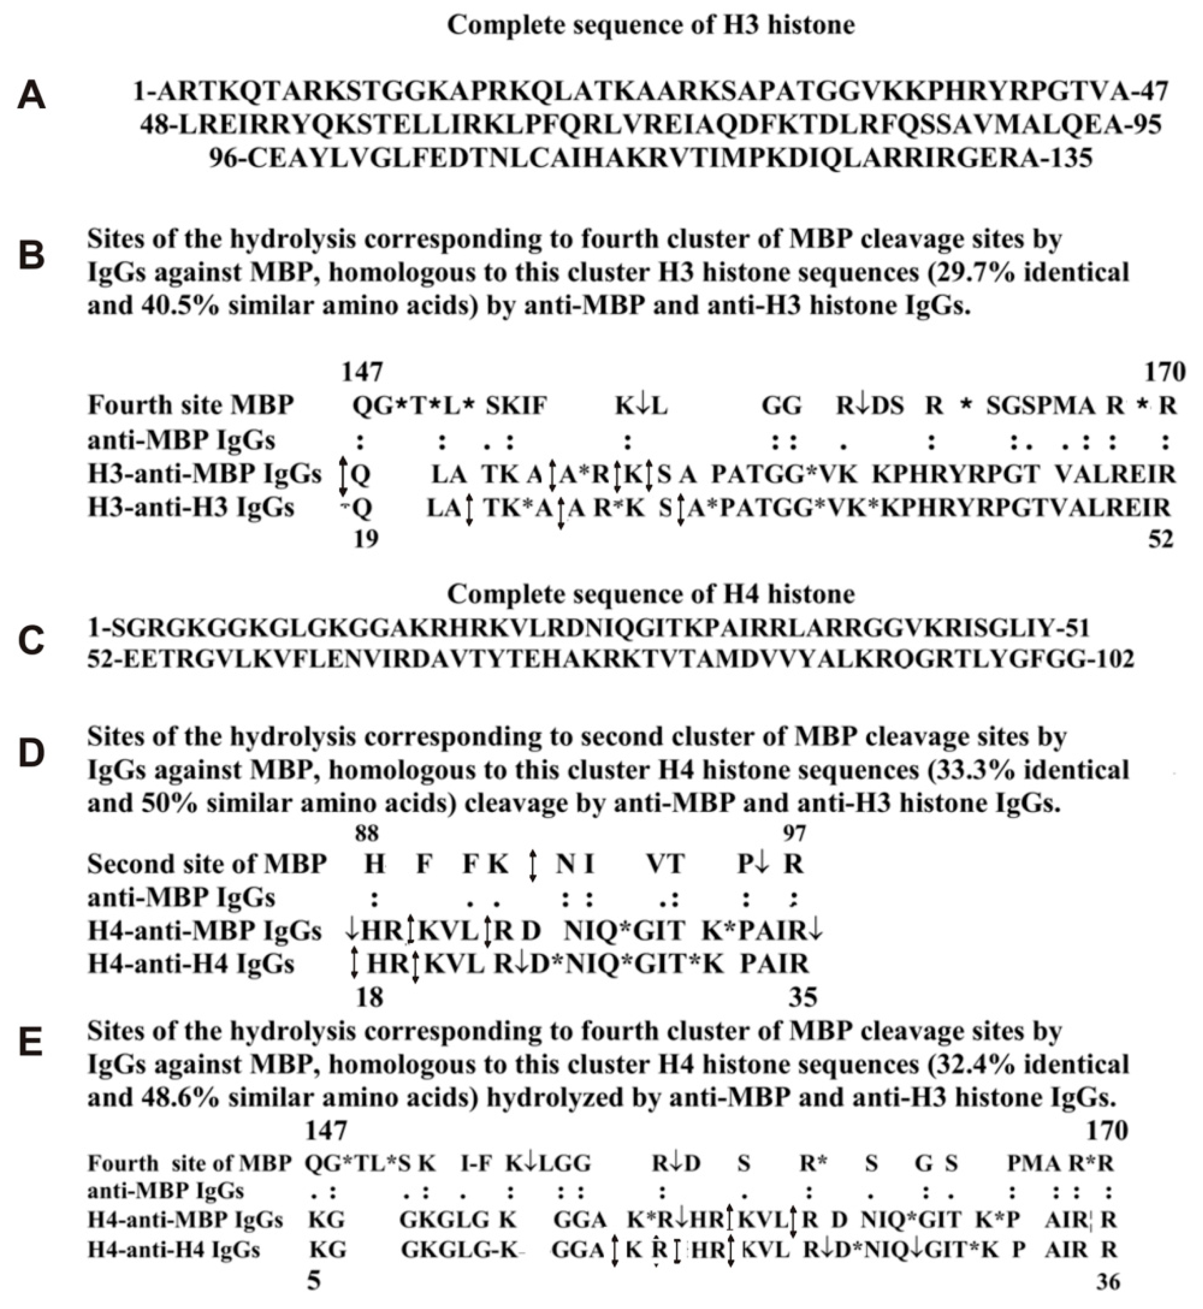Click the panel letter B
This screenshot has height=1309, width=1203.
click(31, 256)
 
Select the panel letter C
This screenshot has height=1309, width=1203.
click(31, 641)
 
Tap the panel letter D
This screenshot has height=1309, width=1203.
click(31, 753)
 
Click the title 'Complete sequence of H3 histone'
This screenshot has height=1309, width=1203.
click(650, 25)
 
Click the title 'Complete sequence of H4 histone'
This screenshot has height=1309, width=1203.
click(650, 594)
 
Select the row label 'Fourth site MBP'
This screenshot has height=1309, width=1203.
click(191, 405)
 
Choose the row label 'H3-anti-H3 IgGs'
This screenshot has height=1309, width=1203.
click(191, 507)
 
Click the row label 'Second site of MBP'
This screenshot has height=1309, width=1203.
click(207, 864)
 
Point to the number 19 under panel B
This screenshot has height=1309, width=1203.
click(366, 539)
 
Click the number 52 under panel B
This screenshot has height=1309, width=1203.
click(1160, 539)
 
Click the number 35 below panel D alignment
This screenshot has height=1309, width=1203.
click(803, 997)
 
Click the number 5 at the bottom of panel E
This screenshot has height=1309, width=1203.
click(314, 1282)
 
